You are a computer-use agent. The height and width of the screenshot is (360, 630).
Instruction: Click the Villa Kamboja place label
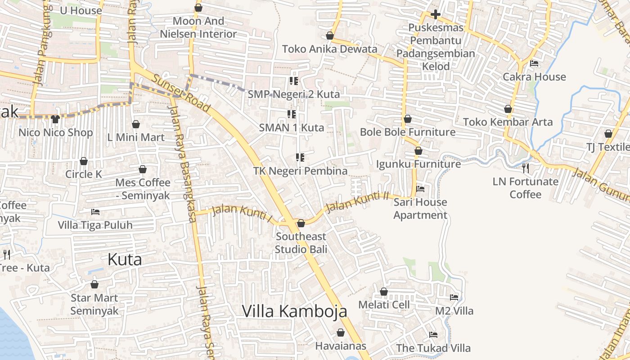pyautogui.click(x=295, y=311)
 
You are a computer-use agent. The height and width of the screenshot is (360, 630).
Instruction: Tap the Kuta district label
pyautogui.click(x=125, y=259)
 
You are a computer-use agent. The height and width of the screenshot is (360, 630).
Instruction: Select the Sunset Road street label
pyautogui.click(x=181, y=93)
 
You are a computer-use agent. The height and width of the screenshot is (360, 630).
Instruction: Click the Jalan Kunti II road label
pyautogui.click(x=357, y=202)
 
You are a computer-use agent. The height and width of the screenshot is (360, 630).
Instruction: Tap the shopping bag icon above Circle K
pyautogui.click(x=84, y=161)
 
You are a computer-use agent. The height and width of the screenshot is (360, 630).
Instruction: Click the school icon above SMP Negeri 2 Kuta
pyautogui.click(x=294, y=81)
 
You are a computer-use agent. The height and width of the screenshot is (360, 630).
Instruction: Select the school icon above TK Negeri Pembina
pyautogui.click(x=300, y=157)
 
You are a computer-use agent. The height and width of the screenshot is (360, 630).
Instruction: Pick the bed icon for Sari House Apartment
pyautogui.click(x=420, y=189)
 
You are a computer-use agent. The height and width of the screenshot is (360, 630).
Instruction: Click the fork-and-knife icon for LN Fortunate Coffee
pyautogui.click(x=525, y=168)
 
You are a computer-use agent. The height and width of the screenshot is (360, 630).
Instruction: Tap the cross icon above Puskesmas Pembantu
pyautogui.click(x=435, y=14)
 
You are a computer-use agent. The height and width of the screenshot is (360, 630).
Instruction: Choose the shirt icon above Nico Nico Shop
pyautogui.click(x=55, y=119)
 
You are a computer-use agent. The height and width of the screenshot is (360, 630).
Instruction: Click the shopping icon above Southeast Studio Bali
pyautogui.click(x=301, y=223)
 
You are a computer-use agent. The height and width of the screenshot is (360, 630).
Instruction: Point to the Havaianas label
pyautogui.click(x=341, y=346)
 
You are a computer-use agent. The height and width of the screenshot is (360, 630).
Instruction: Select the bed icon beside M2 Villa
pyautogui.click(x=454, y=297)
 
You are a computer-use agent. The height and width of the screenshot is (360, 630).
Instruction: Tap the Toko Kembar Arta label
pyautogui.click(x=508, y=122)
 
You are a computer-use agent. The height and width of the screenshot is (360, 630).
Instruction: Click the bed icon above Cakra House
pyautogui.click(x=534, y=63)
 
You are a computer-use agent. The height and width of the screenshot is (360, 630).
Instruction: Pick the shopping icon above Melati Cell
pyautogui.click(x=384, y=292)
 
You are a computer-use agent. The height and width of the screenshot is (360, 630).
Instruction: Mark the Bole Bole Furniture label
pyautogui.click(x=408, y=132)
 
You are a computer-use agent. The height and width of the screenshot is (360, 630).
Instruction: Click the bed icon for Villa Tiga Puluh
pyautogui.click(x=95, y=211)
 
